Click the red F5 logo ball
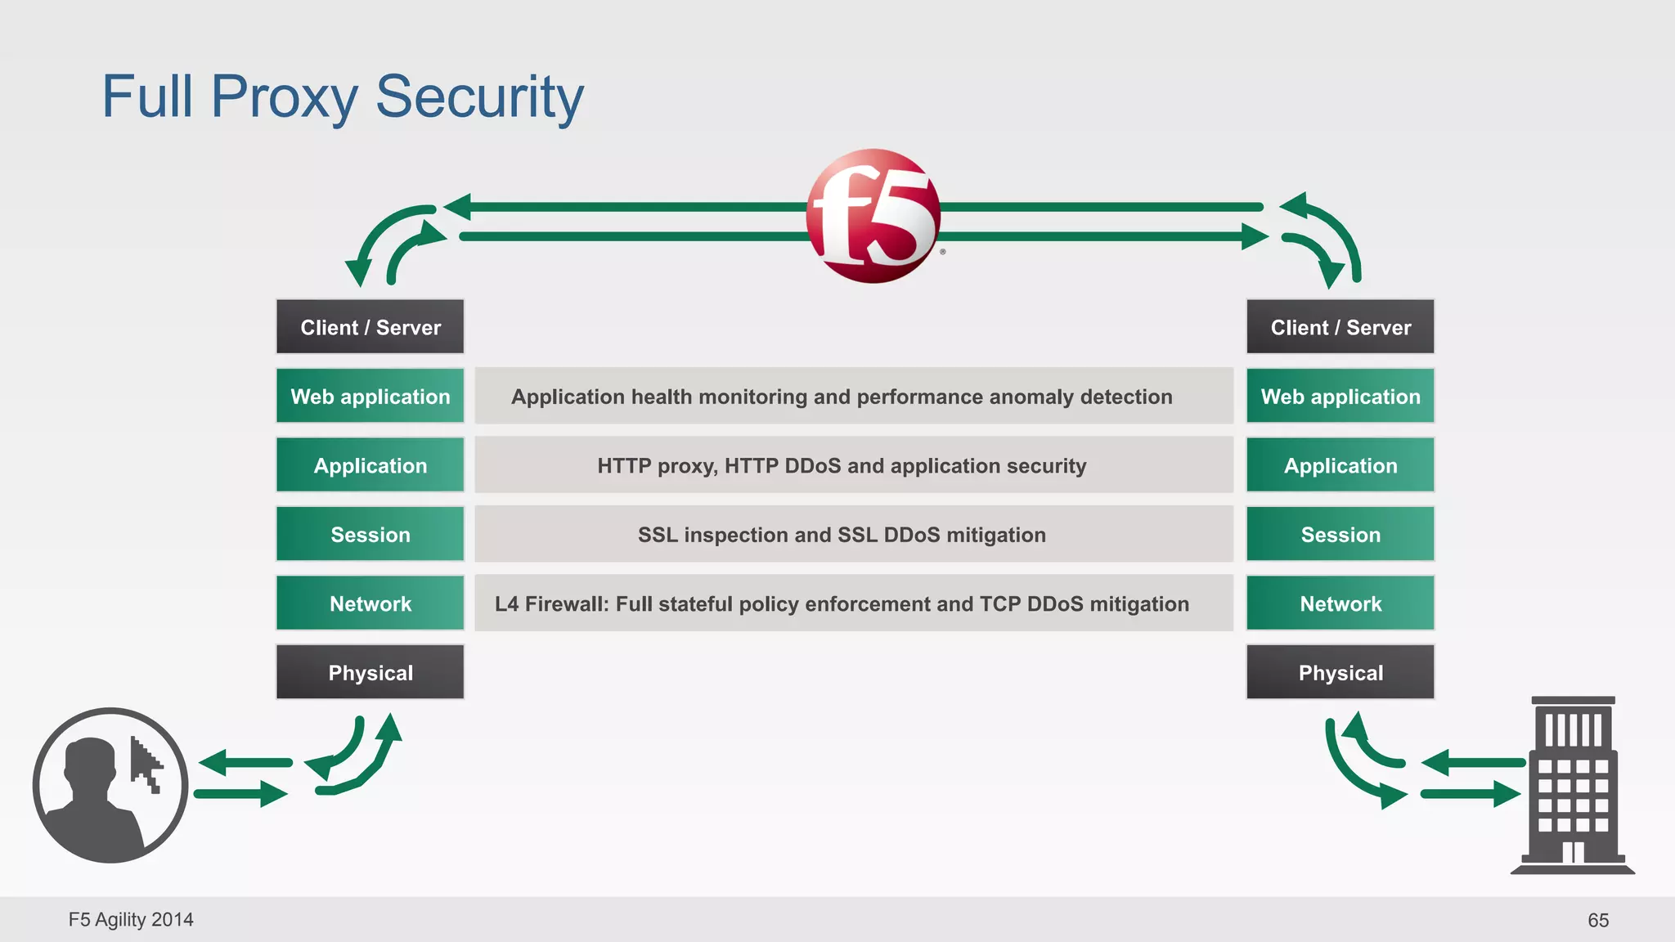873,216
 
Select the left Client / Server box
370,327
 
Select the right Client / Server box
1340,327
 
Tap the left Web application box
370,397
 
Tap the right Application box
1340,465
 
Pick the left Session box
370,534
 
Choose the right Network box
1340,603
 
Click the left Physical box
370,672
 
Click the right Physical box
1340,672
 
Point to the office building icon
1572,785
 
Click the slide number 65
1597,920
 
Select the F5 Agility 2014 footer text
131,920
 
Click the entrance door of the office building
1573,852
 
